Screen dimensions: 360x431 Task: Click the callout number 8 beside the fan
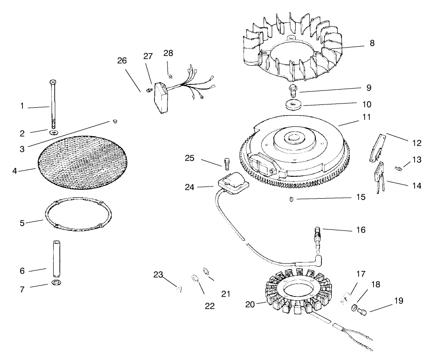tap(371, 43)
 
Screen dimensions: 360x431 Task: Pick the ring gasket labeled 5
tap(78, 215)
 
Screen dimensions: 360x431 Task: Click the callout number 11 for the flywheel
tap(367, 118)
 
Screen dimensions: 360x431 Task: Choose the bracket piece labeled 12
tap(381, 149)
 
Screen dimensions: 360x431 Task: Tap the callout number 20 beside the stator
tap(250, 305)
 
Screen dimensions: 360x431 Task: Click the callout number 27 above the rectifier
tap(148, 56)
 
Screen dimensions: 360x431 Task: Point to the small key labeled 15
tap(290, 200)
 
